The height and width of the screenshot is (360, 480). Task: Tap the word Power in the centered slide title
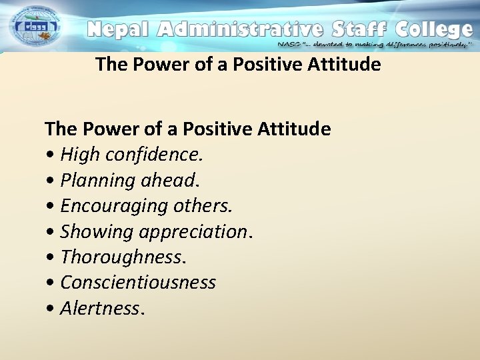pos(153,65)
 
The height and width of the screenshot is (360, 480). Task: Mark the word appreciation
pos(200,232)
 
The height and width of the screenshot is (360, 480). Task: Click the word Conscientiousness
pos(138,283)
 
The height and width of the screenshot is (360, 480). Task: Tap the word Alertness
pos(99,309)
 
